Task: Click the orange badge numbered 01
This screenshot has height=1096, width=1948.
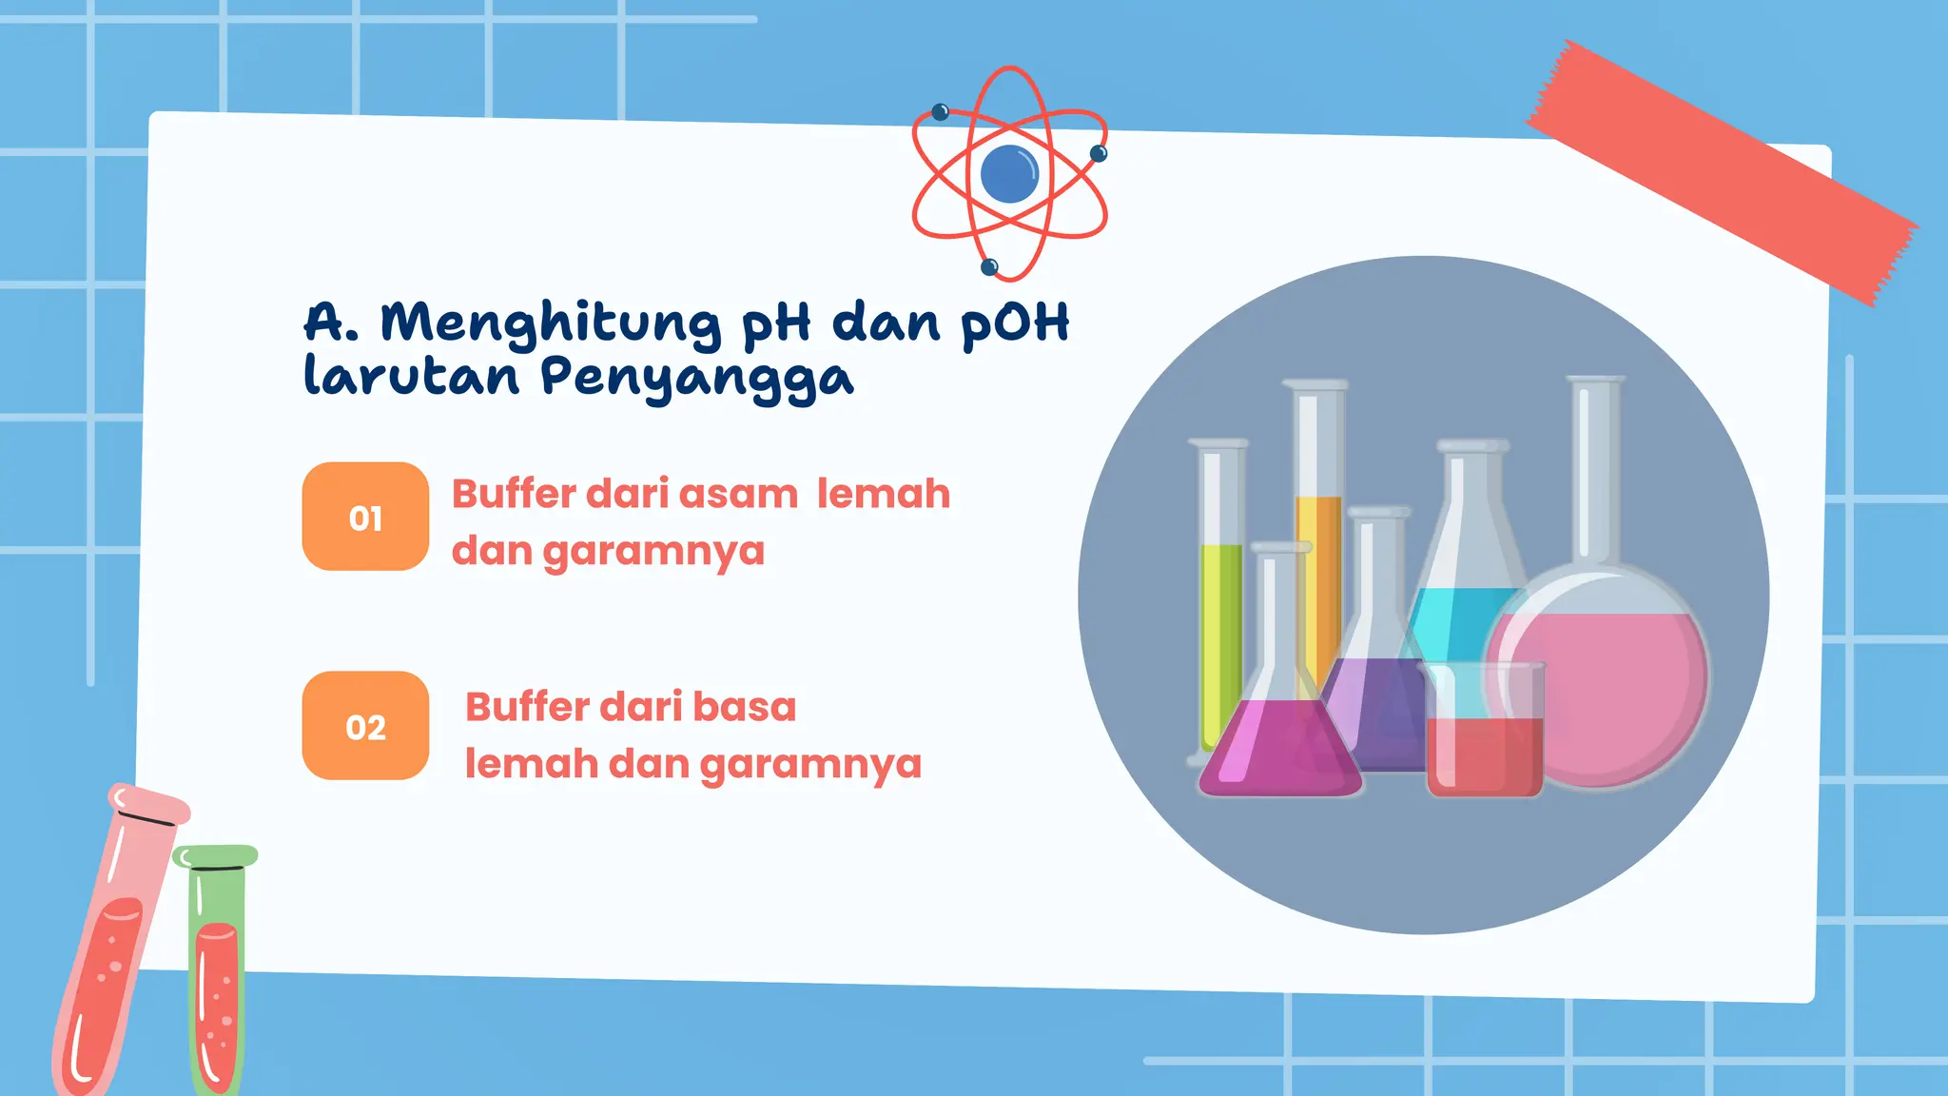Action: (x=365, y=517)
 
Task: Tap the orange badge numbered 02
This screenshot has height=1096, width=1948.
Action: (x=365, y=726)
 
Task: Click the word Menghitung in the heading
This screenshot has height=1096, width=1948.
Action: (x=551, y=323)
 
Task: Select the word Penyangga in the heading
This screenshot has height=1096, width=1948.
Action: (x=697, y=378)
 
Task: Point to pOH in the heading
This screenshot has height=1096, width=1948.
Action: (x=1015, y=323)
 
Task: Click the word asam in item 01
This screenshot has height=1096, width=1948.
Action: (x=738, y=495)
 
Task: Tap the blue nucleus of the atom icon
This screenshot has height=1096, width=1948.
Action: (x=1008, y=174)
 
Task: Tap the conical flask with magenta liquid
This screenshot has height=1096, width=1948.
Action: (x=1279, y=747)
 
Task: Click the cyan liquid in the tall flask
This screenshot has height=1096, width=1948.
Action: (x=1460, y=618)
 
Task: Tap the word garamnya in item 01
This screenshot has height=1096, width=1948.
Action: (x=653, y=552)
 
